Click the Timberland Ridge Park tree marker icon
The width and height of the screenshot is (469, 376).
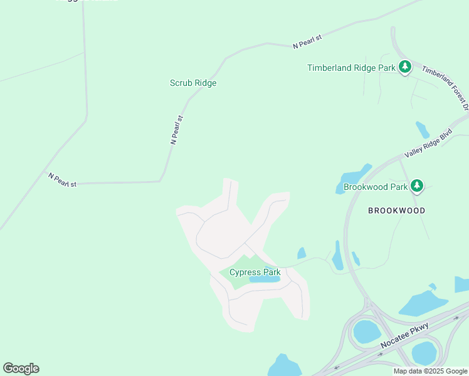[405, 67]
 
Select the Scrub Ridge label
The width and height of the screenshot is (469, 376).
[193, 83]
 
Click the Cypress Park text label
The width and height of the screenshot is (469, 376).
[255, 272]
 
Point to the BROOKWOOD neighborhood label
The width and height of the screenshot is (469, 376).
[396, 211]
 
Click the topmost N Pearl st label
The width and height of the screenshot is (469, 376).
[307, 42]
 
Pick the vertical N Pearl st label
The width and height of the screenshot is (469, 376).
[177, 130]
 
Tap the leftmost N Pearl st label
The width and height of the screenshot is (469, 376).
[62, 180]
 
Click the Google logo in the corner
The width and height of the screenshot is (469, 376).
[21, 368]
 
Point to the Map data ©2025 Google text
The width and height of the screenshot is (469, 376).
[430, 371]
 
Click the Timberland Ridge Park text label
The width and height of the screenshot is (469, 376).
[351, 68]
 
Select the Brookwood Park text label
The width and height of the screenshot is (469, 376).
[375, 187]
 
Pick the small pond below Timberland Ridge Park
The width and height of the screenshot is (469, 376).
[423, 130]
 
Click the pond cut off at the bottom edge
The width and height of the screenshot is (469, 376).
[285, 366]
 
